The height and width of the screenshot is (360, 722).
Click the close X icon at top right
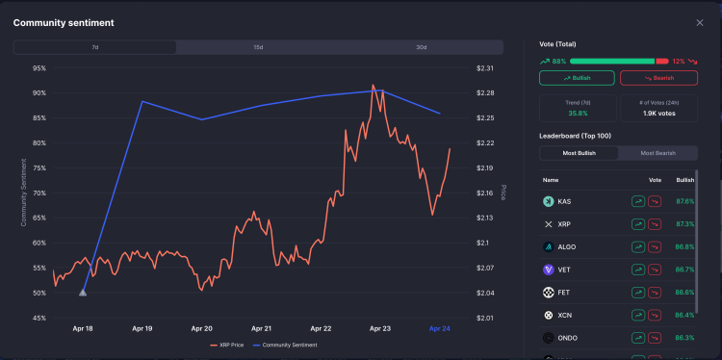pos(700,22)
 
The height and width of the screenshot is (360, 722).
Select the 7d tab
pos(94,47)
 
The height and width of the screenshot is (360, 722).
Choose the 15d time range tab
pos(258,47)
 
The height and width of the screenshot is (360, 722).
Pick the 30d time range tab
pos(422,47)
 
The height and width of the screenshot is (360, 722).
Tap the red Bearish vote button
pos(659,78)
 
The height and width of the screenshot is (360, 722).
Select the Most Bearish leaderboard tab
pos(658,153)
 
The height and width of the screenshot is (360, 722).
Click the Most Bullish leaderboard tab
pos(579,153)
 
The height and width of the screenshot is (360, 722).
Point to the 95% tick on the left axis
pos(39,68)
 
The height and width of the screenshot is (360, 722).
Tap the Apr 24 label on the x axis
pos(439,328)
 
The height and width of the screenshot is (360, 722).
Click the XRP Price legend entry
pos(227,345)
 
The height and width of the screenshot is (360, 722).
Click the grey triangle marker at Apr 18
pos(83,291)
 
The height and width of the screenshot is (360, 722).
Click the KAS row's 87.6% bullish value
pos(684,201)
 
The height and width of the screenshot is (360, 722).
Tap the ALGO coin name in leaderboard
pos(567,246)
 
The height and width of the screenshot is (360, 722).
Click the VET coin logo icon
pos(548,270)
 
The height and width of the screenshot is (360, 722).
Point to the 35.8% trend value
pos(577,113)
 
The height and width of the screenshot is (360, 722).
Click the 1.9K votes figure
pos(659,113)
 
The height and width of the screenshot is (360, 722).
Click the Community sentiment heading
pos(63,22)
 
